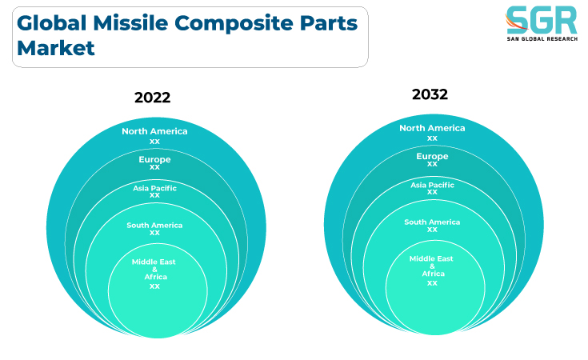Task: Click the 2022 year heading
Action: pos(152,98)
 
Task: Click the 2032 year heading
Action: pos(430,94)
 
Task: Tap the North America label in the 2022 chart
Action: pos(154,131)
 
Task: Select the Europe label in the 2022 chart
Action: pos(154,159)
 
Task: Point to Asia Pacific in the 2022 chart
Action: pos(154,188)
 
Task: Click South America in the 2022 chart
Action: pos(154,225)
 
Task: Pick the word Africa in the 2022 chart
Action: pos(156,277)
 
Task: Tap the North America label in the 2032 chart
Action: pos(432,128)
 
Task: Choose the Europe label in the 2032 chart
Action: pos(432,156)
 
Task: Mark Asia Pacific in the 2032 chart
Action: pos(432,185)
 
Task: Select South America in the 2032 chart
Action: pos(432,222)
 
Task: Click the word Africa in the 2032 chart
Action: pos(433,274)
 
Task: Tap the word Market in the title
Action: pos(55,48)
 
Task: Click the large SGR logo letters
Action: pos(542,20)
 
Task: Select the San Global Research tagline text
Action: pos(542,38)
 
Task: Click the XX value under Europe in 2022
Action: pos(154,167)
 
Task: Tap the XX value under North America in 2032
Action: pos(432,138)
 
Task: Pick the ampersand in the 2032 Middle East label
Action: pos(432,266)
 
